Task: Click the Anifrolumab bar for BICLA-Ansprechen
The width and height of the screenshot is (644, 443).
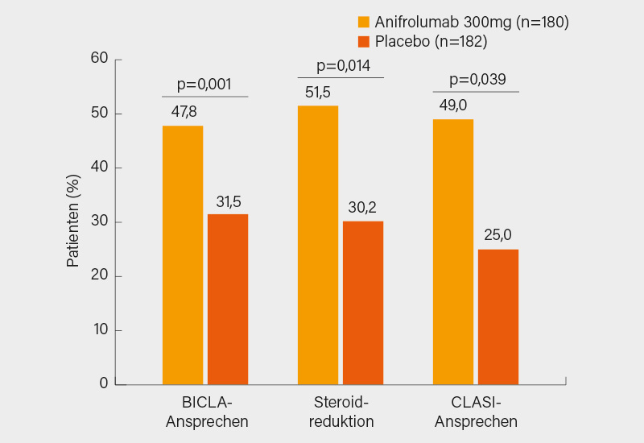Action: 183,255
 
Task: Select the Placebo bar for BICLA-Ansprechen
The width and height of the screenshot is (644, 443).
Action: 228,299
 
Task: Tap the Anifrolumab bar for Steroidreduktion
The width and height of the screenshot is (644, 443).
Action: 318,245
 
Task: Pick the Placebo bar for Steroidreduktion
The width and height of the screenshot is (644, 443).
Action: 363,302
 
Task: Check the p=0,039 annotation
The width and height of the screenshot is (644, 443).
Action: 477,80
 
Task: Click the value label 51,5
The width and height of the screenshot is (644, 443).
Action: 318,93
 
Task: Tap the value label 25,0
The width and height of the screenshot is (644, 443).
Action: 498,236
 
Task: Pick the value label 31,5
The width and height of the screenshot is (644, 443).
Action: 228,201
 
